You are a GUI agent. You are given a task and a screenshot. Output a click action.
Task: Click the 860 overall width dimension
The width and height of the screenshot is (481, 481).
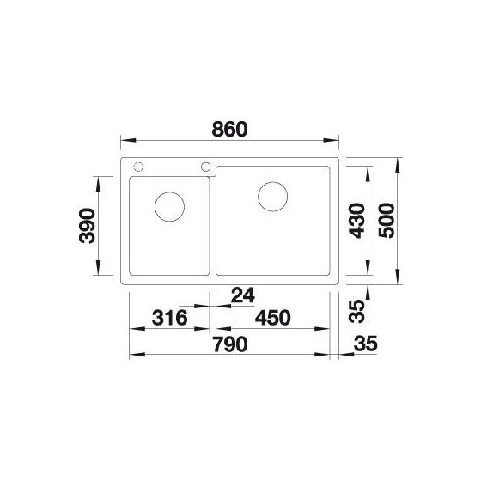[229, 129]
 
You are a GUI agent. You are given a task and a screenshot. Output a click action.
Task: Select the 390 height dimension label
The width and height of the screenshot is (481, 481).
[87, 225]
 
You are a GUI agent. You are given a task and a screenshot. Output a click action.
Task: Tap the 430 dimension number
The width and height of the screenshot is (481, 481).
[357, 221]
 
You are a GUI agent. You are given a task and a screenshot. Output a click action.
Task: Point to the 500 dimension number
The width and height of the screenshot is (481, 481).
[387, 221]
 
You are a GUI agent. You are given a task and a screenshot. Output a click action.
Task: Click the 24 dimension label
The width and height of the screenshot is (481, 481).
[243, 295]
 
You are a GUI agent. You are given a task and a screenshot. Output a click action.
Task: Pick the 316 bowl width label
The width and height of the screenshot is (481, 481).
[170, 318]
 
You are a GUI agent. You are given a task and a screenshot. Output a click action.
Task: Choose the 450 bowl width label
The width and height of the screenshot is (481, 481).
[273, 318]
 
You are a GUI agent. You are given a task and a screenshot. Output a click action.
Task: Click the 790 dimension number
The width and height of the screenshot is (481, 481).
[230, 344]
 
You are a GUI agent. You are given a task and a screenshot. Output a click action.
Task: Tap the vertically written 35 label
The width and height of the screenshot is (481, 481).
[357, 311]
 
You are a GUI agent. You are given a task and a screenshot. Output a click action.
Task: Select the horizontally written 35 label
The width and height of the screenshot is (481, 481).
[365, 344]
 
